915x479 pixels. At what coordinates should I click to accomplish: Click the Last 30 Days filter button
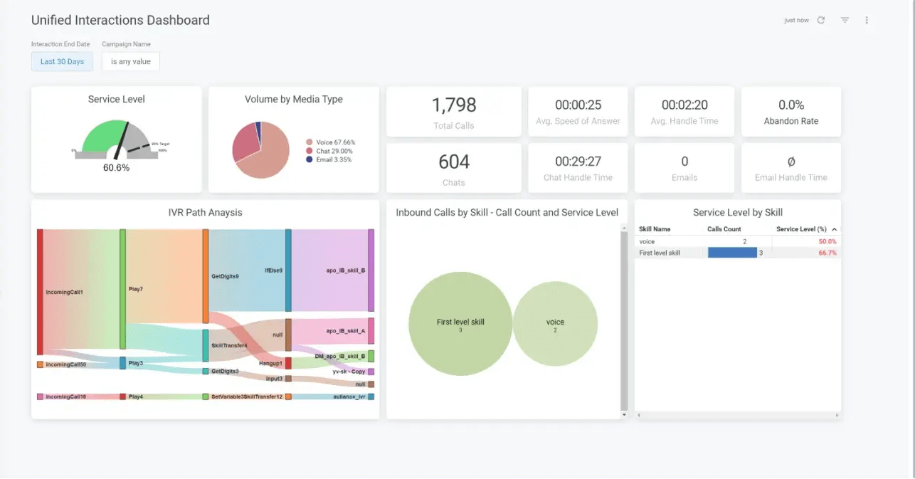[x=62, y=61]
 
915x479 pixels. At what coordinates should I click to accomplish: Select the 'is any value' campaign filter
[x=131, y=61]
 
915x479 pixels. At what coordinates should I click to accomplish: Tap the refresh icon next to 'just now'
[x=820, y=20]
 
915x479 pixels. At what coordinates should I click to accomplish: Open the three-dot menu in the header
[x=867, y=20]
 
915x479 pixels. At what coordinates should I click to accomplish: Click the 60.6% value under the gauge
[x=116, y=168]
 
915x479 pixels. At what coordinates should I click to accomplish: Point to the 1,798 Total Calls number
[x=454, y=105]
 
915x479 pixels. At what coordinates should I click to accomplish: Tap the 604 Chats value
[x=454, y=162]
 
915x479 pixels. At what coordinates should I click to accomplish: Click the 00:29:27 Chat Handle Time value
[x=578, y=162]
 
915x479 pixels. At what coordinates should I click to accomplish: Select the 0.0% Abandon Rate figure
[x=791, y=105]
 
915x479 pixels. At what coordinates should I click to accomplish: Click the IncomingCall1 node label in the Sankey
[x=64, y=292]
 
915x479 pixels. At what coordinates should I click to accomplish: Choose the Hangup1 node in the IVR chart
[x=271, y=364]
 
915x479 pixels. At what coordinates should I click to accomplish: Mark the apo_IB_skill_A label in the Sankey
[x=345, y=331]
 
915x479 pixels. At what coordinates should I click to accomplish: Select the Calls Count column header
[x=724, y=229]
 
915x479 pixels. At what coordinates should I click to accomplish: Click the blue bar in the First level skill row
[x=732, y=253]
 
